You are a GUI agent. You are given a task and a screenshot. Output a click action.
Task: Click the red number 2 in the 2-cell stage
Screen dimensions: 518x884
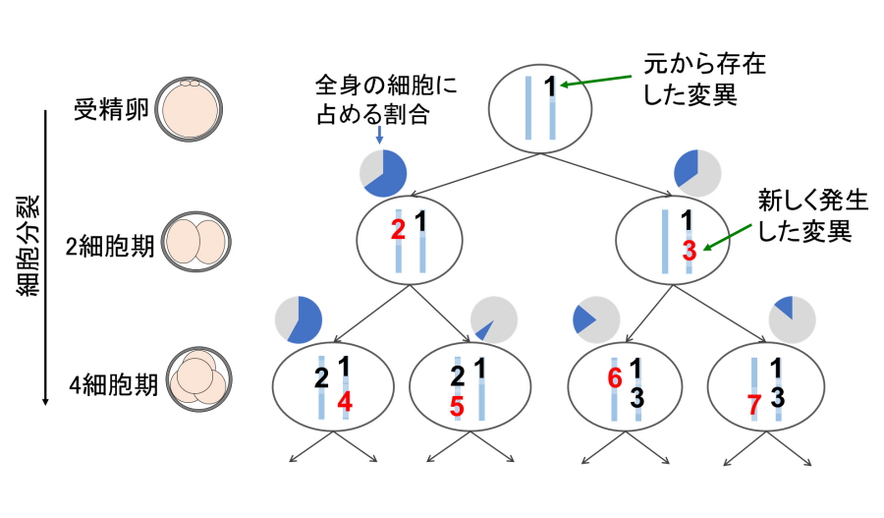398,230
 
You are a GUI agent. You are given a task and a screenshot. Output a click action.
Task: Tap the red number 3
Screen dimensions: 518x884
689,250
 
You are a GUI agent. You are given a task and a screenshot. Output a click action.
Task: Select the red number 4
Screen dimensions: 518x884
344,400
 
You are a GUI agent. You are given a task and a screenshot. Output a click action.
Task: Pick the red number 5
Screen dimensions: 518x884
457,406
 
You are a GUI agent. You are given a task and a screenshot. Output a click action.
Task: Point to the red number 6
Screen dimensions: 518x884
615,376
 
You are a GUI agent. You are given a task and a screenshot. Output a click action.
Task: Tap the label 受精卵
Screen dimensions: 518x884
111,107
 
